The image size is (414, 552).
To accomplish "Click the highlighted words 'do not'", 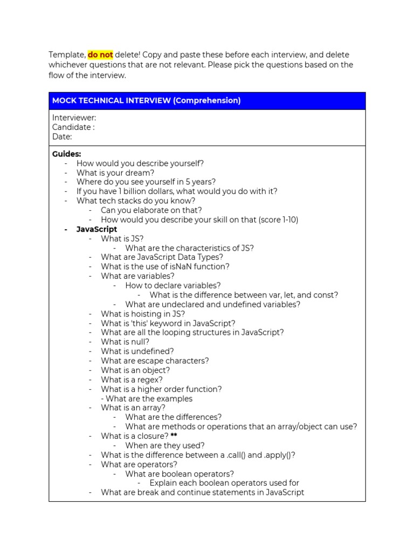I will click(100, 55).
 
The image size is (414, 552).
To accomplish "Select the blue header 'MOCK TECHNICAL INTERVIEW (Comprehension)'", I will click(146, 101).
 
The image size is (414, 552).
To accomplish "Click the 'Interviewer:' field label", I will click(74, 118).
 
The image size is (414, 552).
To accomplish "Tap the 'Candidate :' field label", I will click(73, 127).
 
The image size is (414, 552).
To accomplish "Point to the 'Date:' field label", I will click(62, 137).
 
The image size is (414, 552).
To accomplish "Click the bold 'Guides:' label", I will click(67, 154).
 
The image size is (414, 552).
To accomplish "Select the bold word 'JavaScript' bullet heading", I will click(97, 229).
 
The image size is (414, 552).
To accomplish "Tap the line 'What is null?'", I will click(125, 342).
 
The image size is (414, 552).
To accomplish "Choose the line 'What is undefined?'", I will click(137, 351).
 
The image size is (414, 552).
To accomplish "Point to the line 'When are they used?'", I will click(165, 446).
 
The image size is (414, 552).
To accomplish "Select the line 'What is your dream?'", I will click(115, 172).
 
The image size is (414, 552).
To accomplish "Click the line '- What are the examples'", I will click(147, 399).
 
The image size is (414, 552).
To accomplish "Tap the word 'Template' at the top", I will click(66, 55).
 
